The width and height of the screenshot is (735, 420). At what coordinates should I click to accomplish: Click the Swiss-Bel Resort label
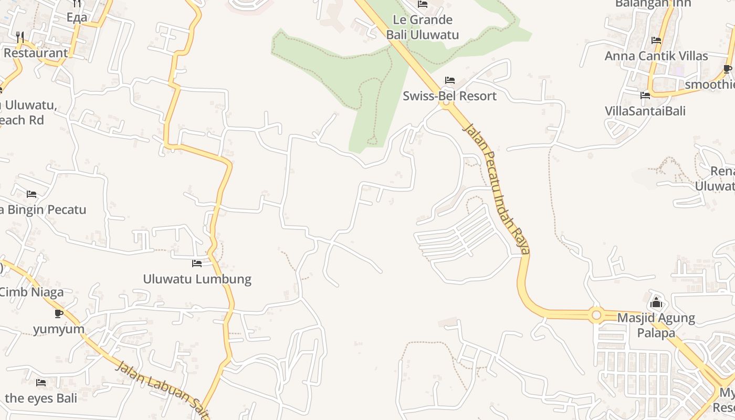pos(449,96)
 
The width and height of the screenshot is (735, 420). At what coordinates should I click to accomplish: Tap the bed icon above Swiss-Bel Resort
pos(450,80)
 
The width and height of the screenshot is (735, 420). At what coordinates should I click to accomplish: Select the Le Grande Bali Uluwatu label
pos(423,27)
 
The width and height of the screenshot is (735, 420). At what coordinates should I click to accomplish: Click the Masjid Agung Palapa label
pos(656,325)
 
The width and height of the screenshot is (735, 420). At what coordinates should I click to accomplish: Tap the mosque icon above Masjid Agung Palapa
pos(656,302)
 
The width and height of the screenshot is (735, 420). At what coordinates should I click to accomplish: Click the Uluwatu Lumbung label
pos(197,279)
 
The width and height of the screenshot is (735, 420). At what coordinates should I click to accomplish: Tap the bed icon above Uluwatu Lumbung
pos(197,263)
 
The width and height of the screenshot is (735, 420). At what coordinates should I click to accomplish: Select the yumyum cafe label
pos(59,329)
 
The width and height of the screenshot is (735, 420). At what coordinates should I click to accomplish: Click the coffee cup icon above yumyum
pos(59,313)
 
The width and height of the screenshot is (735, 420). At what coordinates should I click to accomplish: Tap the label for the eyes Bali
pos(41,398)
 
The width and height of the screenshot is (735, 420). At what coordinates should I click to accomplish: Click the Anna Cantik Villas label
pos(656,56)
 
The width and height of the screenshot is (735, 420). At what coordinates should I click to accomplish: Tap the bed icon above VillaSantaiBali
pos(645,95)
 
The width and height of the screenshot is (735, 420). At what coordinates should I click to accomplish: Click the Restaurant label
pos(36,52)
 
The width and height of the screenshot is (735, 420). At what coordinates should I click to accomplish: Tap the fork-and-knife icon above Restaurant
pos(20,37)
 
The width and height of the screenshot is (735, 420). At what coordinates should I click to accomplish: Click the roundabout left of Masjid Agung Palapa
pos(596,315)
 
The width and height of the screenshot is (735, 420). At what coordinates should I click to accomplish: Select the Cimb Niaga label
pos(31,292)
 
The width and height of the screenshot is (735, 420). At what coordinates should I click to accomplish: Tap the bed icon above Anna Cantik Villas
pos(656,40)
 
